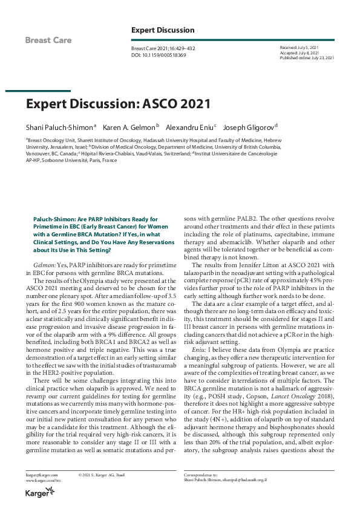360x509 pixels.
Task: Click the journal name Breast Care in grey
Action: (48, 41)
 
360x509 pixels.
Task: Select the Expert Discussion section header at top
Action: (163, 30)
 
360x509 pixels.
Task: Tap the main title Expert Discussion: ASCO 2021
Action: (117, 103)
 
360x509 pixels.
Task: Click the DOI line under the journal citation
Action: (158, 55)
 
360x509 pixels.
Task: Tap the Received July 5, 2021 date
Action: (299, 46)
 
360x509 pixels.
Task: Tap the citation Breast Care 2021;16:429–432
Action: (163, 48)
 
